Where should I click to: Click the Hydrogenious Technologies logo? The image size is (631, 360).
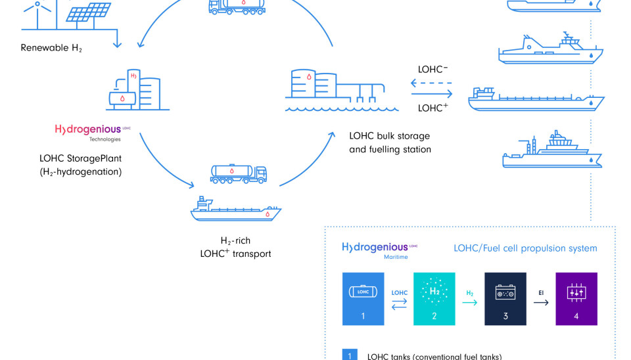tap(93, 131)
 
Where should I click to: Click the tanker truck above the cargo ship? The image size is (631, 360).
tap(238, 173)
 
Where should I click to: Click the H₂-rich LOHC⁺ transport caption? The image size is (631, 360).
tap(236, 248)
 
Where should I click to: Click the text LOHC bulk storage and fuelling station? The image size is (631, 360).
tap(390, 143)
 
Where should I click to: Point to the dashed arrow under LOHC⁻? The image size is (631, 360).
tap(430, 83)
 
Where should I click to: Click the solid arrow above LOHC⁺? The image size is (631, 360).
tap(430, 94)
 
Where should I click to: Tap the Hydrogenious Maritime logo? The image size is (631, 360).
tap(380, 250)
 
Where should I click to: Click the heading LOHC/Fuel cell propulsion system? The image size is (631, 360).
tap(525, 248)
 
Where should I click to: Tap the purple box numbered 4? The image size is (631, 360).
tap(576, 298)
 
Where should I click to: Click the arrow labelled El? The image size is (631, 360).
tap(541, 303)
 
